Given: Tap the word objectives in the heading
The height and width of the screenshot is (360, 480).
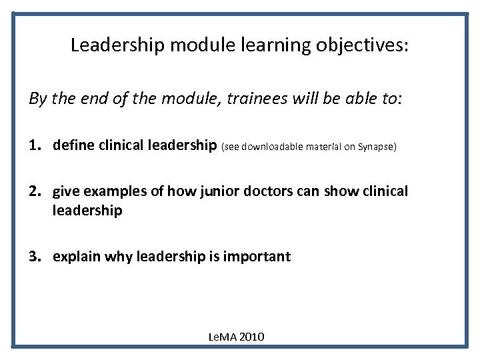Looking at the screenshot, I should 360,45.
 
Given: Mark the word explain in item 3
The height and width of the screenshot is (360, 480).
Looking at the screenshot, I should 77,257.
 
